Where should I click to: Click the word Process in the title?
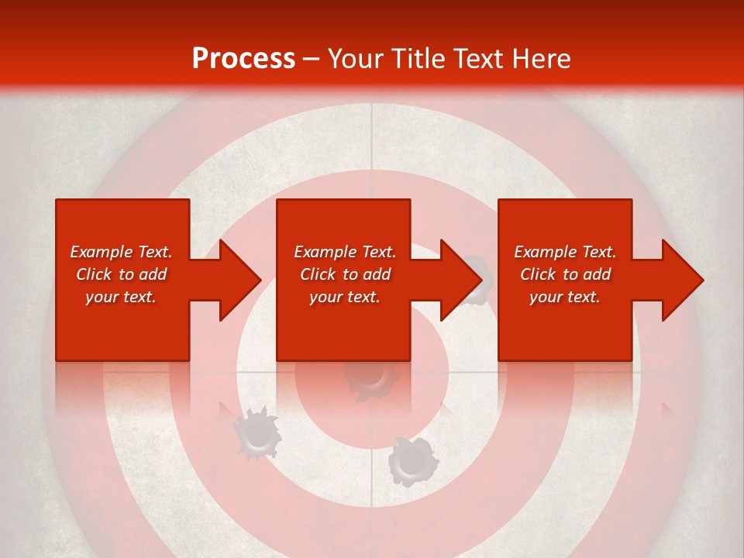243,59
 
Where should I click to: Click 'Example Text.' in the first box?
121,252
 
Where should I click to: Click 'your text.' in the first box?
121,297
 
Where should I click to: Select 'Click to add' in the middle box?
345,274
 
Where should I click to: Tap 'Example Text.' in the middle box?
345,252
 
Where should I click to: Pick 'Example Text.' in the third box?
565,252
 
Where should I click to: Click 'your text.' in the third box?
565,297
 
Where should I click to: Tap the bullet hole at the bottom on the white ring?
412,462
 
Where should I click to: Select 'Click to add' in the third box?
565,274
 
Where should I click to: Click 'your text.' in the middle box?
345,297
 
